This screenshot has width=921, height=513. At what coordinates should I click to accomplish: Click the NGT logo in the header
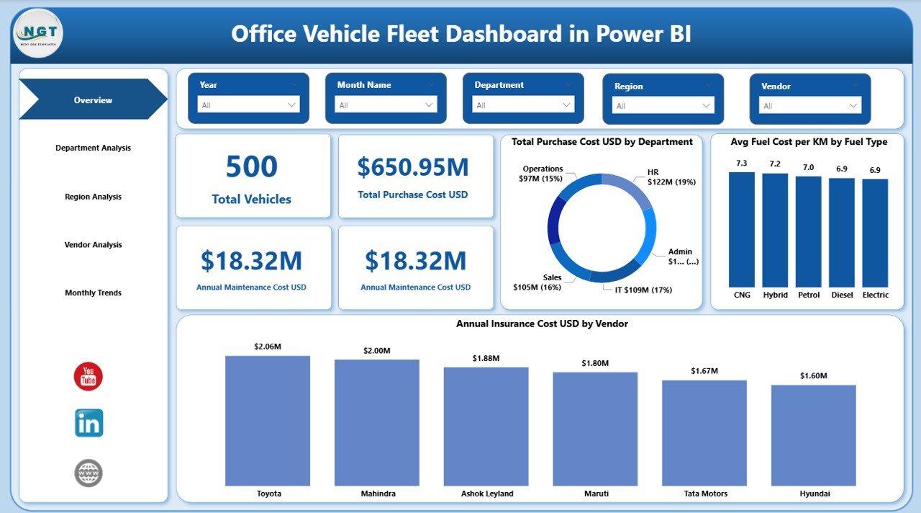click(x=38, y=33)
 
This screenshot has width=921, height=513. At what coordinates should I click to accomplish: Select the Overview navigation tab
click(x=93, y=100)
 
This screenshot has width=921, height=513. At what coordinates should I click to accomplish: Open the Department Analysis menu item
click(x=93, y=148)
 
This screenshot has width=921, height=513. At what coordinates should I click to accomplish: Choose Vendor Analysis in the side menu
click(x=93, y=245)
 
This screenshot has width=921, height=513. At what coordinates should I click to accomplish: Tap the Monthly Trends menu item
click(x=93, y=293)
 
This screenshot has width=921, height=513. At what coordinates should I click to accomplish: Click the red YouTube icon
click(x=89, y=377)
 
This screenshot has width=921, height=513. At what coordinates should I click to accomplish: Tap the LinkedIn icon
click(x=89, y=423)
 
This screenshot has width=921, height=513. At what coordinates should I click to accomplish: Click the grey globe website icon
click(x=89, y=473)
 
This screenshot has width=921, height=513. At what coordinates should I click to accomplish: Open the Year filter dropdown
click(x=248, y=105)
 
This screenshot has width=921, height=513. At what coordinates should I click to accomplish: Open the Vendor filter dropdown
click(x=809, y=106)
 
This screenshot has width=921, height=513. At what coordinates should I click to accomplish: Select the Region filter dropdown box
click(x=663, y=106)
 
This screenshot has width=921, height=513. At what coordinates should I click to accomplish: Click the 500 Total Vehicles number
click(x=251, y=166)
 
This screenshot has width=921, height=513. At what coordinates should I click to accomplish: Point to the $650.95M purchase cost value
click(x=413, y=167)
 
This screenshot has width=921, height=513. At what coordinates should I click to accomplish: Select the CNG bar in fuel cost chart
click(x=742, y=230)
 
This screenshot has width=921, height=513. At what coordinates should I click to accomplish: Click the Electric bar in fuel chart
click(x=875, y=233)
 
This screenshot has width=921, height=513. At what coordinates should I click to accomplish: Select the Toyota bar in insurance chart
click(x=268, y=421)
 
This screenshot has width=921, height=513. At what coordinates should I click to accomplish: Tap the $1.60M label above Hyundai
click(x=814, y=376)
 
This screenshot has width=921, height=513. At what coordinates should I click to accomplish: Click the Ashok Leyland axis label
click(x=487, y=494)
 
